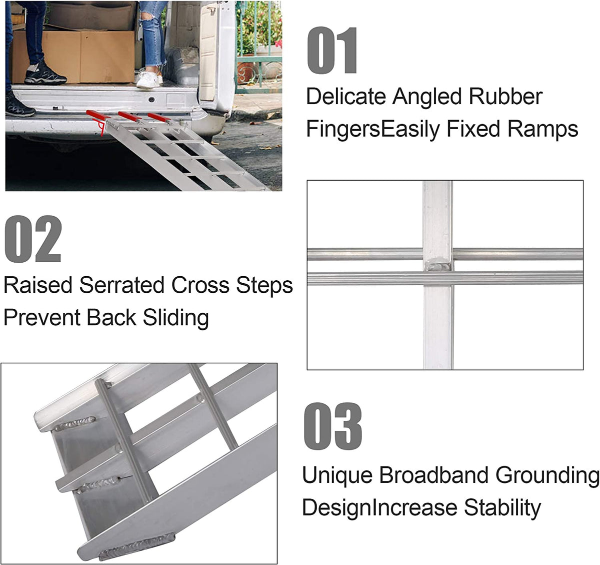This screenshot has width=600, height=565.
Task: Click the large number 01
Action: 332,52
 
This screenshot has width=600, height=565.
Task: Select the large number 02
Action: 33,239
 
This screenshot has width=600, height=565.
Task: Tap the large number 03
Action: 333,426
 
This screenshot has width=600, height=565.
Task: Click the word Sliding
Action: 175,318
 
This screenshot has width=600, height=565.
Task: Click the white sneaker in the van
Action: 148,79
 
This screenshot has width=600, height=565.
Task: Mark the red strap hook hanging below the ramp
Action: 103,129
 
